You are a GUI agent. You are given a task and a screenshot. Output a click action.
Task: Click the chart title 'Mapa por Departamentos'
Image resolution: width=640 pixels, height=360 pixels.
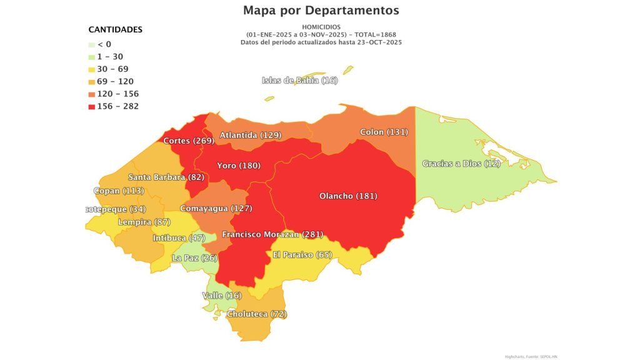[321, 11]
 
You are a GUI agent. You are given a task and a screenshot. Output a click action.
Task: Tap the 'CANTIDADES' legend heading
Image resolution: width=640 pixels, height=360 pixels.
[115, 29]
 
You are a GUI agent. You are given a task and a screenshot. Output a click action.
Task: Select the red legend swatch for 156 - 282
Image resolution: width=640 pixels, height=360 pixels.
[92, 106]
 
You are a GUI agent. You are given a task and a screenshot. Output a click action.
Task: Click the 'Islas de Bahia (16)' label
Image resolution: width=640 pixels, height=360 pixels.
[299, 80]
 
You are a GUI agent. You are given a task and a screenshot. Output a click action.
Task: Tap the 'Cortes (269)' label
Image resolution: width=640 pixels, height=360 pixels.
[189, 141]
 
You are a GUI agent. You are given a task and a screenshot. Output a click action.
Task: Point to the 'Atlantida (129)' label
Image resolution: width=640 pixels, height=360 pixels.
[250, 135]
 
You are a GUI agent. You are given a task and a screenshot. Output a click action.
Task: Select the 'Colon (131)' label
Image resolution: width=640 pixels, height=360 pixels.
[384, 132]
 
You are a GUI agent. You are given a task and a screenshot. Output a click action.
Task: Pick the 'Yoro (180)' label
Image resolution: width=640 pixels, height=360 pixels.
[238, 166]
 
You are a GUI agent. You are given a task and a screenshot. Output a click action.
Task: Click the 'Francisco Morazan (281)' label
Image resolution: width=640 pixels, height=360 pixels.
[272, 234]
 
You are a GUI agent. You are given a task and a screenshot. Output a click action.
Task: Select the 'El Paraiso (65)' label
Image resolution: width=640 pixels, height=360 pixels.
[302, 254]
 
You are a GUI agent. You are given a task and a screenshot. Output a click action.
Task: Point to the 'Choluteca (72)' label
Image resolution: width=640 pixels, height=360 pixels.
[257, 314]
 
